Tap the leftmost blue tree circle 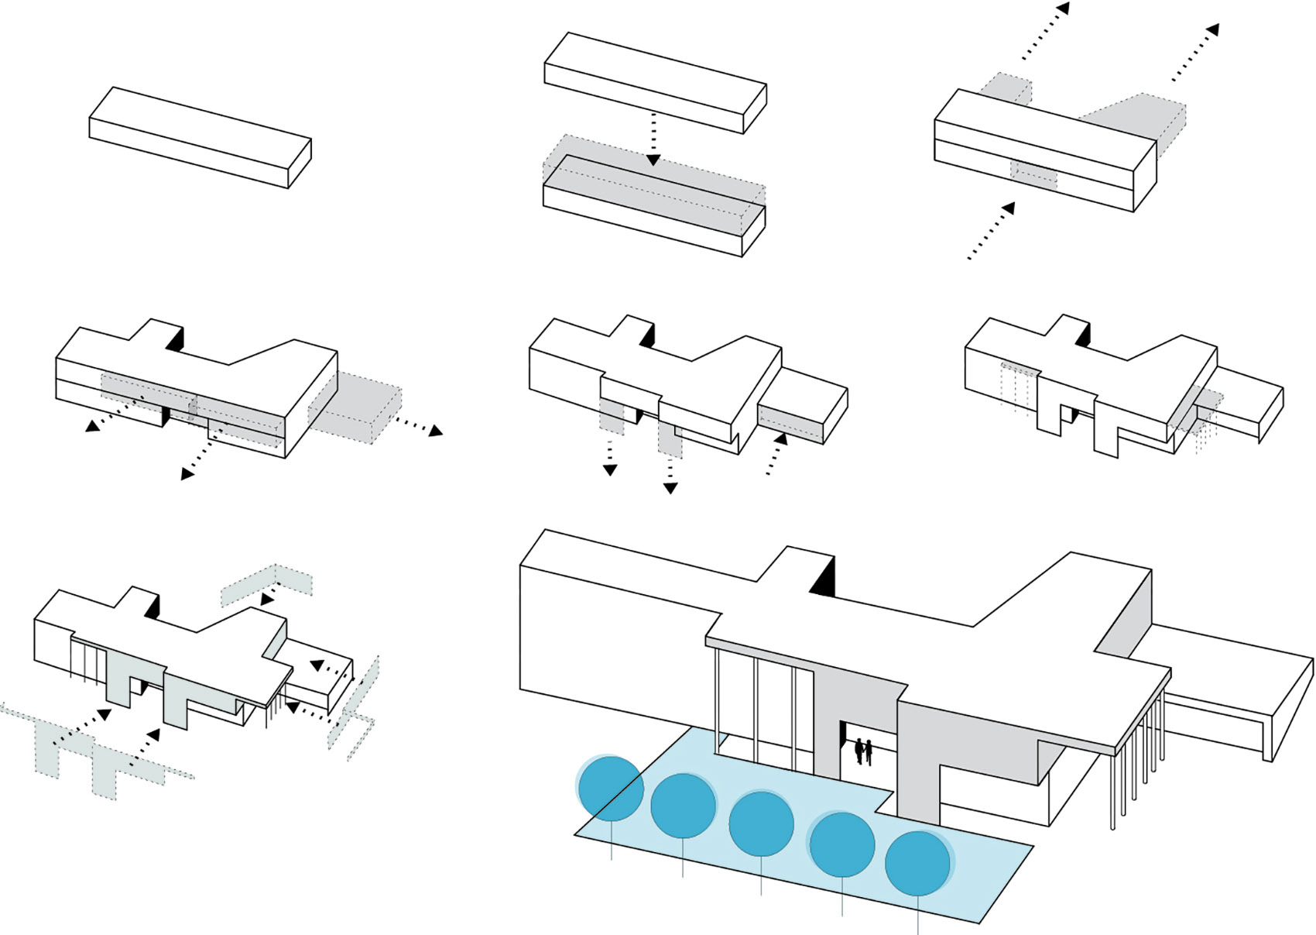[x=611, y=788]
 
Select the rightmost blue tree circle [x=918, y=863]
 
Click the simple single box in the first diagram [x=200, y=136]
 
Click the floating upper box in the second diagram [x=655, y=81]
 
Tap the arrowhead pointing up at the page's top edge [x=1064, y=9]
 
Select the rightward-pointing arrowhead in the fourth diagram [x=436, y=431]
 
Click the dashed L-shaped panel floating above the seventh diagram [x=267, y=585]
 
